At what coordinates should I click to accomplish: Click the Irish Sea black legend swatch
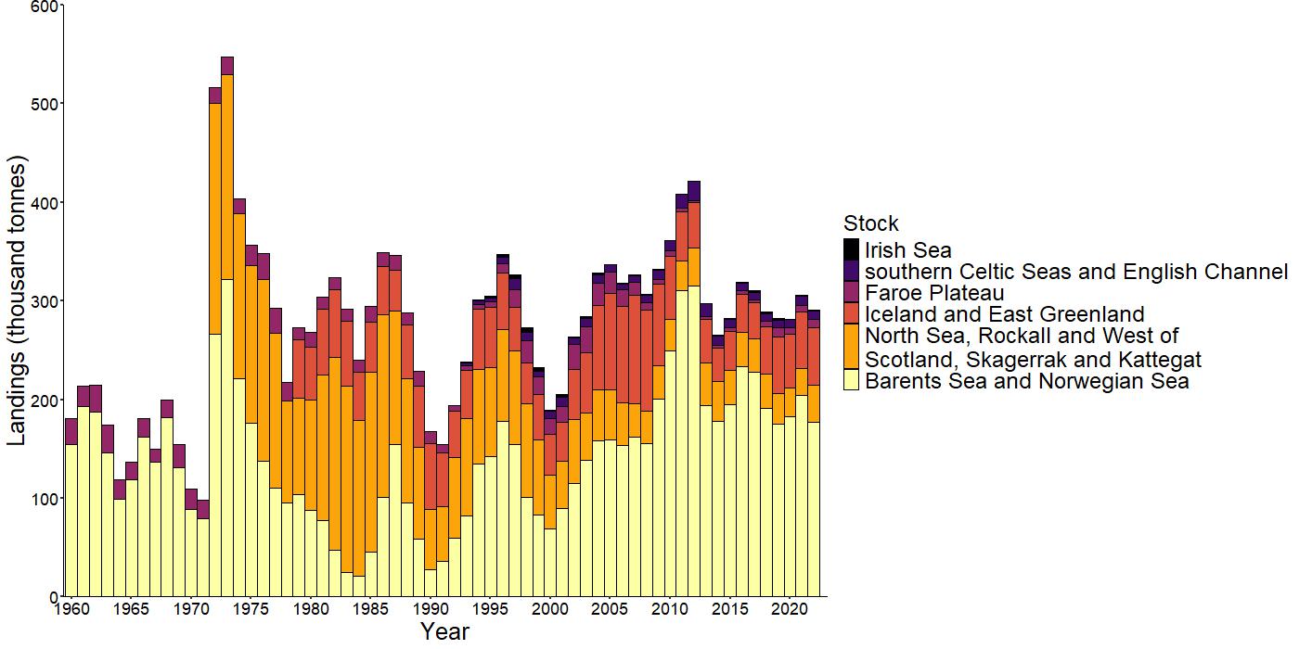pyautogui.click(x=852, y=249)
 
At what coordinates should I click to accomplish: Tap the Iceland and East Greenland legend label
pyautogui.click(x=1004, y=314)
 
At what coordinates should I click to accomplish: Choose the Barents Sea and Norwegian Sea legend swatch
pyautogui.click(x=852, y=380)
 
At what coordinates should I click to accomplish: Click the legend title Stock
pyautogui.click(x=870, y=223)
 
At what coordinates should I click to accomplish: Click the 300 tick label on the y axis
pyautogui.click(x=45, y=301)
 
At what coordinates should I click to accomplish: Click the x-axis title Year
pyautogui.click(x=444, y=632)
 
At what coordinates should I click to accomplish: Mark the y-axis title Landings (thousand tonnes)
pyautogui.click(x=19, y=300)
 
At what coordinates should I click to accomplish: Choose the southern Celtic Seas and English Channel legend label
pyautogui.click(x=1076, y=272)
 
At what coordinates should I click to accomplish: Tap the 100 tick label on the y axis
pyautogui.click(x=45, y=499)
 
